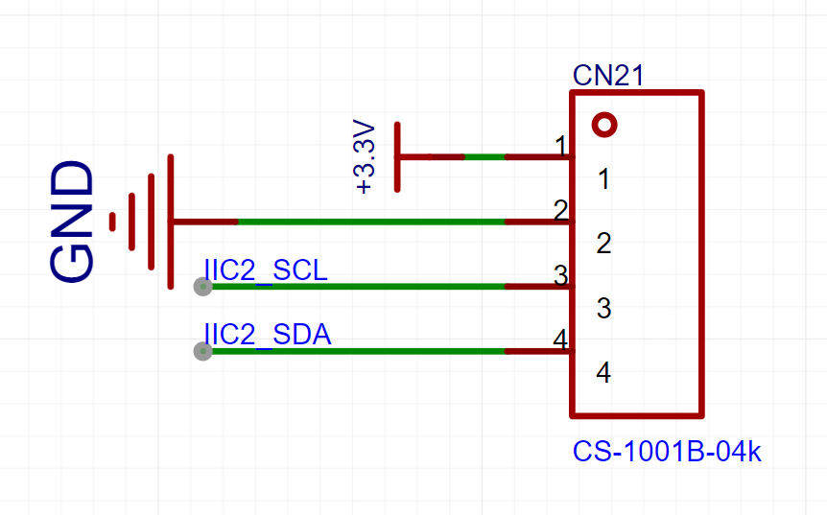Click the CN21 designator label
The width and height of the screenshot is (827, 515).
[608, 76]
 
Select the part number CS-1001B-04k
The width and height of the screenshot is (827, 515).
[667, 452]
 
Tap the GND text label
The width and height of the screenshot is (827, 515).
[72, 222]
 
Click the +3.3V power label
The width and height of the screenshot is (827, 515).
[365, 157]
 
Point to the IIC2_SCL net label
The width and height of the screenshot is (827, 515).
[266, 269]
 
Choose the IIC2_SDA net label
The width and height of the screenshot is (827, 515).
[268, 335]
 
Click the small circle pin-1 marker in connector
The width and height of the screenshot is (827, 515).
[604, 125]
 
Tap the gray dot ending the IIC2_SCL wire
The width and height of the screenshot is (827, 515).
[203, 287]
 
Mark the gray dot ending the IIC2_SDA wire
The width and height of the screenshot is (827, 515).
[203, 351]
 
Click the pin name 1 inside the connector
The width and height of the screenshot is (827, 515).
[604, 179]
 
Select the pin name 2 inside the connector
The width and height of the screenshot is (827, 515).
[603, 244]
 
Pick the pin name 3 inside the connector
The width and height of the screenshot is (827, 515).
[603, 309]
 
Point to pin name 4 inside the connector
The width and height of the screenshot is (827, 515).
[603, 373]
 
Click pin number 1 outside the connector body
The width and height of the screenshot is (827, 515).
[561, 146]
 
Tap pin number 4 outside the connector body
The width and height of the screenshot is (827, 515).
[560, 339]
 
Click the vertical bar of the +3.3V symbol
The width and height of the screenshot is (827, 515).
[397, 157]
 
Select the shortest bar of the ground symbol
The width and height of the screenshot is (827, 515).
[112, 222]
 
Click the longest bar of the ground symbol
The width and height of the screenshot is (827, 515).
[171, 222]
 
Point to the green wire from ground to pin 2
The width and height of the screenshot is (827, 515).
[371, 222]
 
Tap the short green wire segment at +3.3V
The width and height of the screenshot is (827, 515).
[484, 157]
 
